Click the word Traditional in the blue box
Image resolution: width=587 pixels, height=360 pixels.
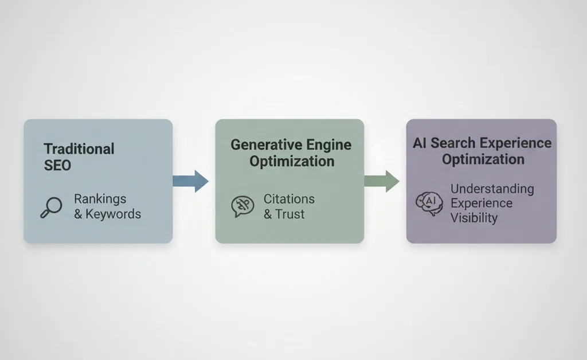79,149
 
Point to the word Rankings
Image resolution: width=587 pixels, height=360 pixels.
100,199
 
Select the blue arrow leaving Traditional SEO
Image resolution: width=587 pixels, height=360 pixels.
191,181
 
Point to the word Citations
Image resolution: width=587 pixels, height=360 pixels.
289,199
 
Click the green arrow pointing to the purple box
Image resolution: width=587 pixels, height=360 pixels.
382,181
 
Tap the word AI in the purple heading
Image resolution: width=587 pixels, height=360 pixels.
420,143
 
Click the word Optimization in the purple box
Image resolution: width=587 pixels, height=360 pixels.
483,159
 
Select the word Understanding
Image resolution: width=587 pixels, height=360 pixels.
492,189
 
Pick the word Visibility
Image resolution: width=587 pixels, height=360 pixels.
473,218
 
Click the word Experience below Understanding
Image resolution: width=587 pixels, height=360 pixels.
482,204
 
